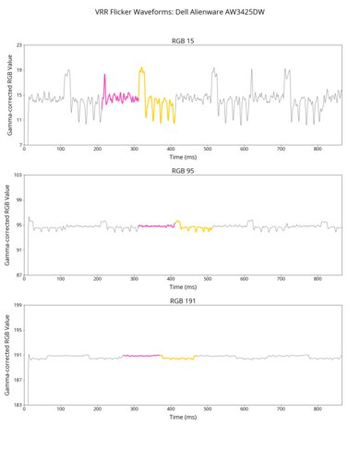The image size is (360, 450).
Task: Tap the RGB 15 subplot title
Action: click(183, 42)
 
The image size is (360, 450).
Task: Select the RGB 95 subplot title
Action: click(183, 171)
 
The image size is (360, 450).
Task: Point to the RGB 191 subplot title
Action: click(183, 300)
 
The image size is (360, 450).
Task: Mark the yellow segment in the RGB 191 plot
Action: click(179, 358)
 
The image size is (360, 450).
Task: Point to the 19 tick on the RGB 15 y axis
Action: click(19, 70)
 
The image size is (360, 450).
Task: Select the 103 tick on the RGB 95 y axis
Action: click(18, 176)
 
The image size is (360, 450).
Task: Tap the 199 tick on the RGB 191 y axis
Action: click(18, 305)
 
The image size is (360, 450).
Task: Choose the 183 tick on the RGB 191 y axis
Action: click(18, 404)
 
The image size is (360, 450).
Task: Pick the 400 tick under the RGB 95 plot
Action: click(171, 279)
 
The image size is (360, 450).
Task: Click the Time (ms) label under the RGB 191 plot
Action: click(183, 417)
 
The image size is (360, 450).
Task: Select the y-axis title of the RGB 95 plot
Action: click(8, 225)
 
